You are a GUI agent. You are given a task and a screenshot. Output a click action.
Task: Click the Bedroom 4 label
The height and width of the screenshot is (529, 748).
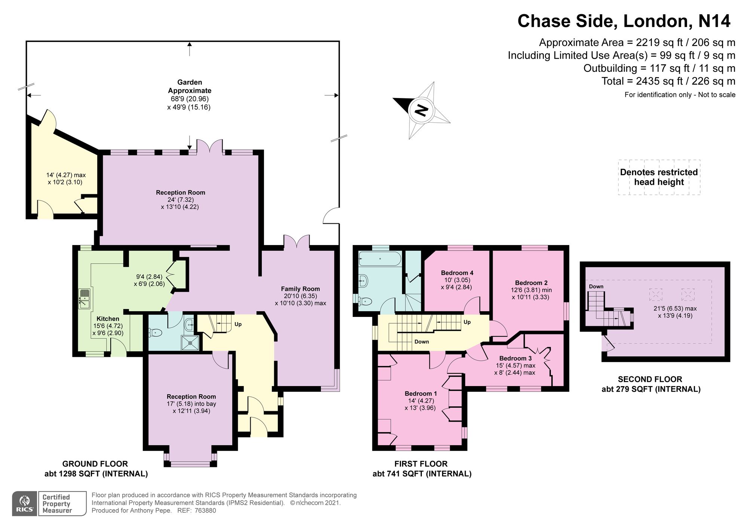457,273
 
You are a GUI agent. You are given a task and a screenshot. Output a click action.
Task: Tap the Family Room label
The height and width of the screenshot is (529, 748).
300,289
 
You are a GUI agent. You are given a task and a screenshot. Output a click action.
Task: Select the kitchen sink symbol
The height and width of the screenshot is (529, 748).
85,299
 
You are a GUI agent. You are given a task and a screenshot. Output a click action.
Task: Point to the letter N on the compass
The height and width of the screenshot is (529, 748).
422,110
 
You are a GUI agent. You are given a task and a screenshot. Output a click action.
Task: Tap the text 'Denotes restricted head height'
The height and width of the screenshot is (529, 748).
659,177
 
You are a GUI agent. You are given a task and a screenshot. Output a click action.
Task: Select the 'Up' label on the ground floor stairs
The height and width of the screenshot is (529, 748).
238,324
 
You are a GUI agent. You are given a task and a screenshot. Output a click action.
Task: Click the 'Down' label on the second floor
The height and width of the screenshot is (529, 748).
596,287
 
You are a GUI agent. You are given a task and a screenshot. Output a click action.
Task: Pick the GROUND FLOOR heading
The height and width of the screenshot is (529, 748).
95,464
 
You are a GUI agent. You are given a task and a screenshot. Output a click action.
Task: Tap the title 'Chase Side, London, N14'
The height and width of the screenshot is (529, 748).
623,21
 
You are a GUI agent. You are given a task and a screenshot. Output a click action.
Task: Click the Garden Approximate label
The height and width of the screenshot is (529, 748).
190,86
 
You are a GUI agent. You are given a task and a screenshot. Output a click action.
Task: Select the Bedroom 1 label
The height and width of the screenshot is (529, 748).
421,394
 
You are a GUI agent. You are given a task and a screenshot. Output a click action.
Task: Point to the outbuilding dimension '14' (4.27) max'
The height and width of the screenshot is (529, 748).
66,175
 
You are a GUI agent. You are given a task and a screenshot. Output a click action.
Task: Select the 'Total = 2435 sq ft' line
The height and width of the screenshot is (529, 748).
668,81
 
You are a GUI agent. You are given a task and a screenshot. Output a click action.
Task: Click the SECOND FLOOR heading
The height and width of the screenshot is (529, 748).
650,379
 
